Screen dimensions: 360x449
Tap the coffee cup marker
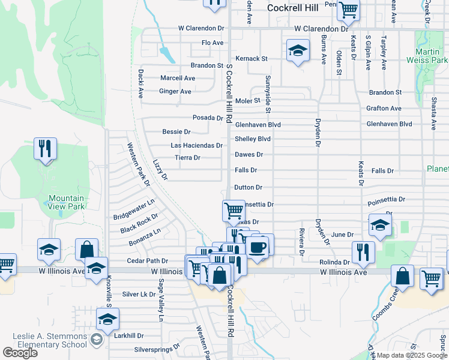(258, 247)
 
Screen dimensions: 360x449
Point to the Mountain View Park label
(66, 202)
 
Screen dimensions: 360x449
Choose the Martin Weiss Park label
(431, 56)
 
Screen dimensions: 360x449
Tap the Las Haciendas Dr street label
(196, 145)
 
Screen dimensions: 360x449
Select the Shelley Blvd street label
(252, 139)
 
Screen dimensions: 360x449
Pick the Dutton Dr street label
(249, 188)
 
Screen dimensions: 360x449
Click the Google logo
(20, 353)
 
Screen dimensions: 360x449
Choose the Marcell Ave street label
(178, 78)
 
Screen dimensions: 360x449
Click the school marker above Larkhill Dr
(107, 320)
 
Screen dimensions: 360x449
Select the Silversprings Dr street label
(157, 347)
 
